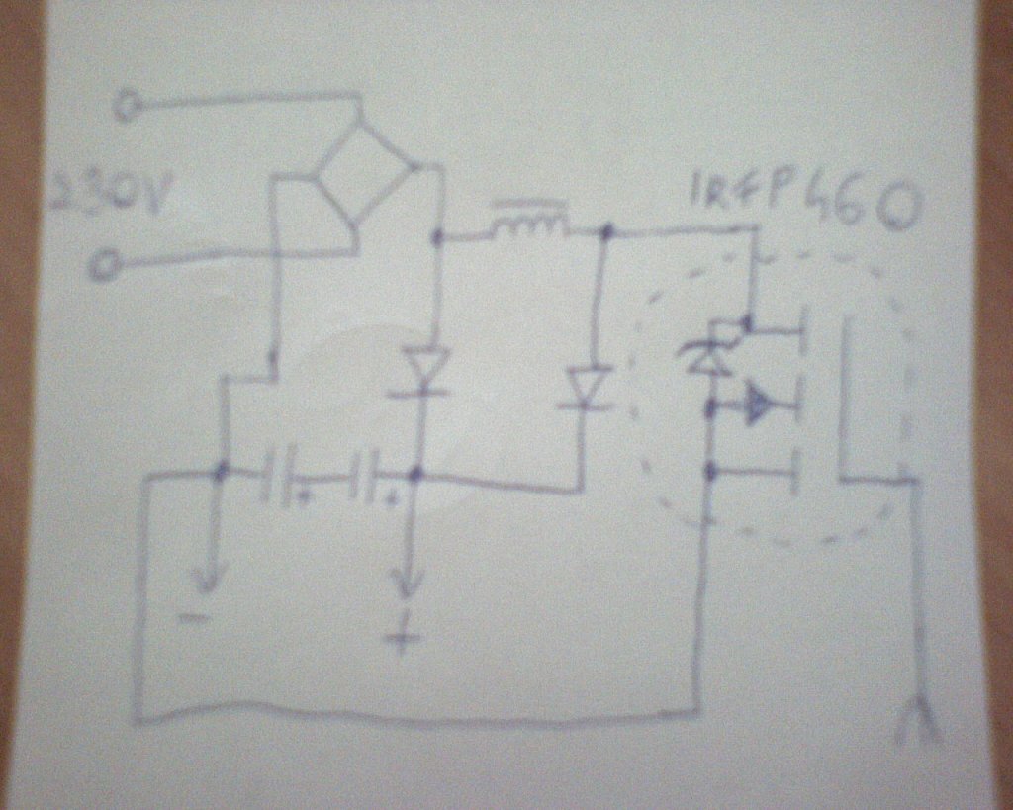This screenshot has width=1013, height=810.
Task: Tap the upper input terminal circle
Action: [128, 104]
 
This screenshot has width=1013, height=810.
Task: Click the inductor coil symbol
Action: [530, 225]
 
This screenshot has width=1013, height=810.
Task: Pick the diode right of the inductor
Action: [590, 388]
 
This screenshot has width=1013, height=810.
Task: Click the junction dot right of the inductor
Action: [606, 232]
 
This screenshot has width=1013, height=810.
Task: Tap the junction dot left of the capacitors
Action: [220, 472]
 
